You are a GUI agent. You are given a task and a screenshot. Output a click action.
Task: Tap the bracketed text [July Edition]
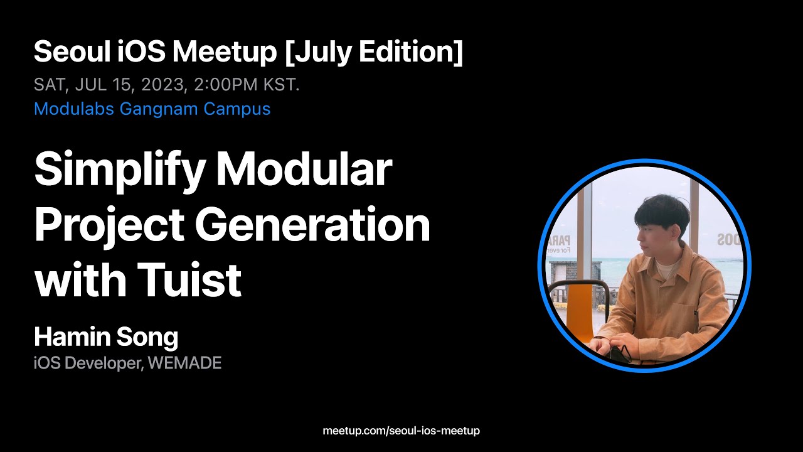tap(374, 52)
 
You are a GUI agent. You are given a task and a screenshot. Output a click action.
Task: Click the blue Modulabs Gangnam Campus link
tap(152, 109)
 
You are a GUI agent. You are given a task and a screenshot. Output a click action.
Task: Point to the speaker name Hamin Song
tap(106, 337)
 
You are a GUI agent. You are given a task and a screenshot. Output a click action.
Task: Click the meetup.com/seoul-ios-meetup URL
tap(401, 431)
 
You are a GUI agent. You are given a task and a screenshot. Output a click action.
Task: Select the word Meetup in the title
tap(224, 52)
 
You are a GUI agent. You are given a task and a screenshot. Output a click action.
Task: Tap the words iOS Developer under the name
tap(88, 363)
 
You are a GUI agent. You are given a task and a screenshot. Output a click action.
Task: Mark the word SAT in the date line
tap(48, 85)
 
